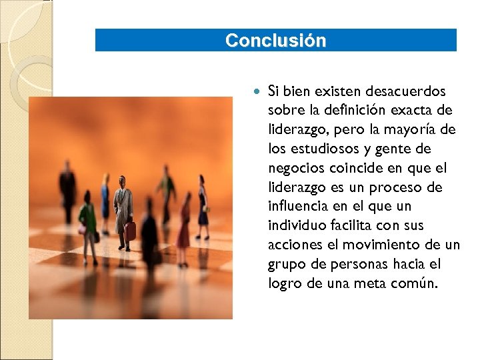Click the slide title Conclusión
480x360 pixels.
pyautogui.click(x=275, y=41)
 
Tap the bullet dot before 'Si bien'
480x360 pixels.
pyautogui.click(x=257, y=90)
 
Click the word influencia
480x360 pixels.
pyautogui.click(x=297, y=207)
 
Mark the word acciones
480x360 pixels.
pyautogui.click(x=293, y=245)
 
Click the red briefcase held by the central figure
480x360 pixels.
pyautogui.click(x=130, y=231)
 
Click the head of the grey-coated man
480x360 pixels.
pyautogui.click(x=122, y=181)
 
